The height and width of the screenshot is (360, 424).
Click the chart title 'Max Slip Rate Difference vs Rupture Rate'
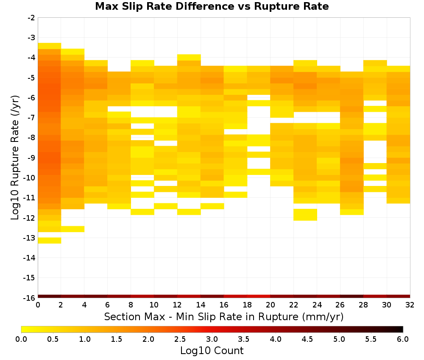(212, 6)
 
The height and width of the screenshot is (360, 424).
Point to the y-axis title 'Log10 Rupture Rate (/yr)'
(15, 158)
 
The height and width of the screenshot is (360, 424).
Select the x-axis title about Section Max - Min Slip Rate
(224, 317)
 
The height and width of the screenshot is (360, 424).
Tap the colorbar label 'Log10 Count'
(212, 351)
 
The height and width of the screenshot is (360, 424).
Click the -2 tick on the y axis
(31, 18)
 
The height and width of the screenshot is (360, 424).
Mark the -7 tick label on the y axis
(31, 118)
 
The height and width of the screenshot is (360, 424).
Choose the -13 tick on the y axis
(30, 238)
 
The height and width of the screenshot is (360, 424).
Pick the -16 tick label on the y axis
(30, 298)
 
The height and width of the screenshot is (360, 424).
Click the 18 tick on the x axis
(247, 305)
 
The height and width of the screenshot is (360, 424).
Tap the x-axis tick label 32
(410, 305)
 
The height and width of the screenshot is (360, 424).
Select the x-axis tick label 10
(154, 305)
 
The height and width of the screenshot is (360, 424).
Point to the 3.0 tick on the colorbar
(212, 339)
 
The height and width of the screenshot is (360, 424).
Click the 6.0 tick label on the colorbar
(403, 339)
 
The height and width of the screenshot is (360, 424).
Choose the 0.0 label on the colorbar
(21, 339)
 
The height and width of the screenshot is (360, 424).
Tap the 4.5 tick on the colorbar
(307, 339)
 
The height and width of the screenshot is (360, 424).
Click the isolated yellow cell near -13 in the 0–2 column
(50, 241)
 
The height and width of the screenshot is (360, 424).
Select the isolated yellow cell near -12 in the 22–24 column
(305, 215)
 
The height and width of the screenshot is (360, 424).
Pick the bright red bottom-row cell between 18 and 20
(259, 296)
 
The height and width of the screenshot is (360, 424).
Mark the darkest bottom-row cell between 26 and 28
(352, 296)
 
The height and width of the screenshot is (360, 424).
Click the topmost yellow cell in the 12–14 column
(189, 57)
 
